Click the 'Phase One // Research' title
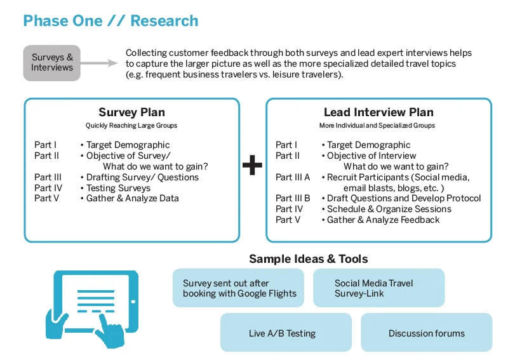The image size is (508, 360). point(110,21)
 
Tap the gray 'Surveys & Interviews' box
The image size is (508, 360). point(52,62)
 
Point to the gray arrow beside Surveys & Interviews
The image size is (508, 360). point(100,63)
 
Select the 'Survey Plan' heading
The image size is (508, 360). point(131,112)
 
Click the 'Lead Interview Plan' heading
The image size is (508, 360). point(378,112)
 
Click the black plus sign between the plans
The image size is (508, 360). point(252,166)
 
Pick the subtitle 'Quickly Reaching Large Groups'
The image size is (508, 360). point(131,126)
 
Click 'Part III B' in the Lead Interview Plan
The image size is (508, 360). point(293,198)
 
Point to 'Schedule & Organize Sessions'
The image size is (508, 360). point(389,209)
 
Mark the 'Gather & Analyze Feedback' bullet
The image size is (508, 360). point(383,220)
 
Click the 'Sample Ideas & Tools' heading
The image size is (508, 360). point(308,258)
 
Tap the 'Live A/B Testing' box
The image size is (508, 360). point(283,333)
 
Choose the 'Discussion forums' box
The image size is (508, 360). point(426,333)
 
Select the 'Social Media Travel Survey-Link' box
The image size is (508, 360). point(378,288)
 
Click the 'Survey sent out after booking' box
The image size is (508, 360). point(239,288)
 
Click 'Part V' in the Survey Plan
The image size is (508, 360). point(47,198)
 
